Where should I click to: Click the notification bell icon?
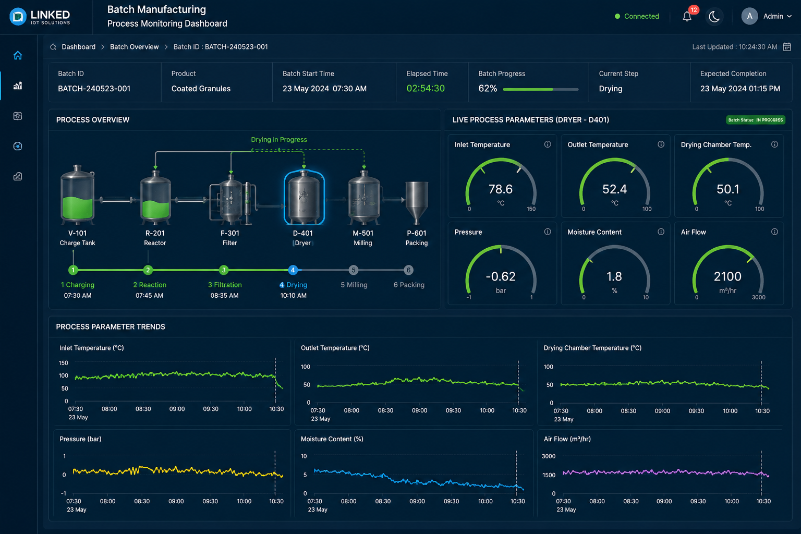687,17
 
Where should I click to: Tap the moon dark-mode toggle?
714,17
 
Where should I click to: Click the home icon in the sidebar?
18,55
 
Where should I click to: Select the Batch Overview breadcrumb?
134,47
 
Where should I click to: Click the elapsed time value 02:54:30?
426,88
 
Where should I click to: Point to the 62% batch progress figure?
488,88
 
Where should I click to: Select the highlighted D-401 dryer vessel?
304,197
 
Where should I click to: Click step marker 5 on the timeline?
353,270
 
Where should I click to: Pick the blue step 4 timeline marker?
293,270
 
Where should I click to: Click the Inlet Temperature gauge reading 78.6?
501,189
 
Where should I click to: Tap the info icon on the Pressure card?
548,232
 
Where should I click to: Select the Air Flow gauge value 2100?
727,276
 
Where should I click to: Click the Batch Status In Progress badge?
755,120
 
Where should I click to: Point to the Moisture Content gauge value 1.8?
614,276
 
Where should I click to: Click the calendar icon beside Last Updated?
787,47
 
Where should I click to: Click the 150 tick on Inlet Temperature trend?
63,362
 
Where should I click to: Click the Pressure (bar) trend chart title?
80,439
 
